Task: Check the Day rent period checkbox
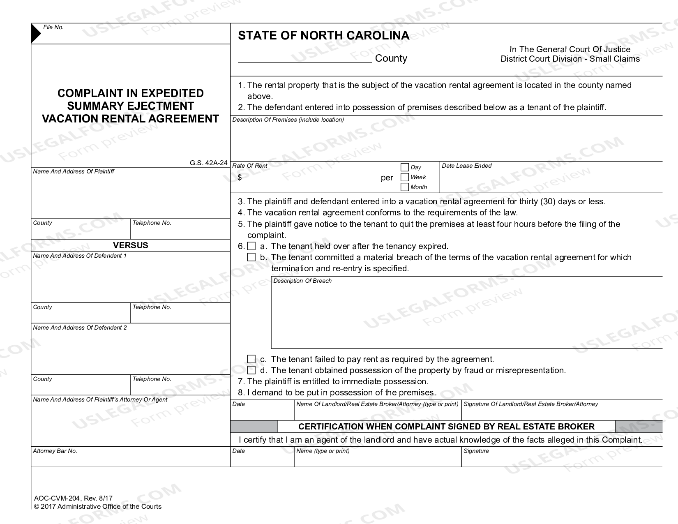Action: point(404,167)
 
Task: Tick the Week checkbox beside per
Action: point(404,177)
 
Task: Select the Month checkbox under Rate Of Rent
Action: point(404,187)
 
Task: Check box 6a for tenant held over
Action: point(251,246)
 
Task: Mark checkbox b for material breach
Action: point(251,257)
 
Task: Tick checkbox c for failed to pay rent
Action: point(251,359)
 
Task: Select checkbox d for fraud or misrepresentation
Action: point(251,370)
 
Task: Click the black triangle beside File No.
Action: point(36,34)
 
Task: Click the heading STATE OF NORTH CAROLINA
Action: point(323,35)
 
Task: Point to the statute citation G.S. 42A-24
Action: point(208,163)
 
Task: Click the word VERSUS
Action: point(130,245)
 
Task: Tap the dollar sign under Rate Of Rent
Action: point(240,178)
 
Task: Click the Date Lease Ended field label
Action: point(466,166)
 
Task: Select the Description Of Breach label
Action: point(302,281)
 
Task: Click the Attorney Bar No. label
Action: point(55,451)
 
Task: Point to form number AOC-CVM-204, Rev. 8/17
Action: point(73,499)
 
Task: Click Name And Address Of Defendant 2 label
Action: point(80,328)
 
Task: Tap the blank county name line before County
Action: point(304,59)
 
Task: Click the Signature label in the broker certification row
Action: point(476,451)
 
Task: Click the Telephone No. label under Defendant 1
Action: point(152,307)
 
